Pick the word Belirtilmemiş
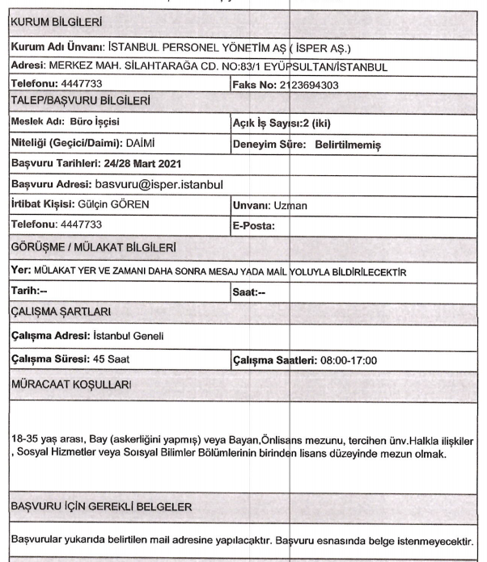coord(348,144)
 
